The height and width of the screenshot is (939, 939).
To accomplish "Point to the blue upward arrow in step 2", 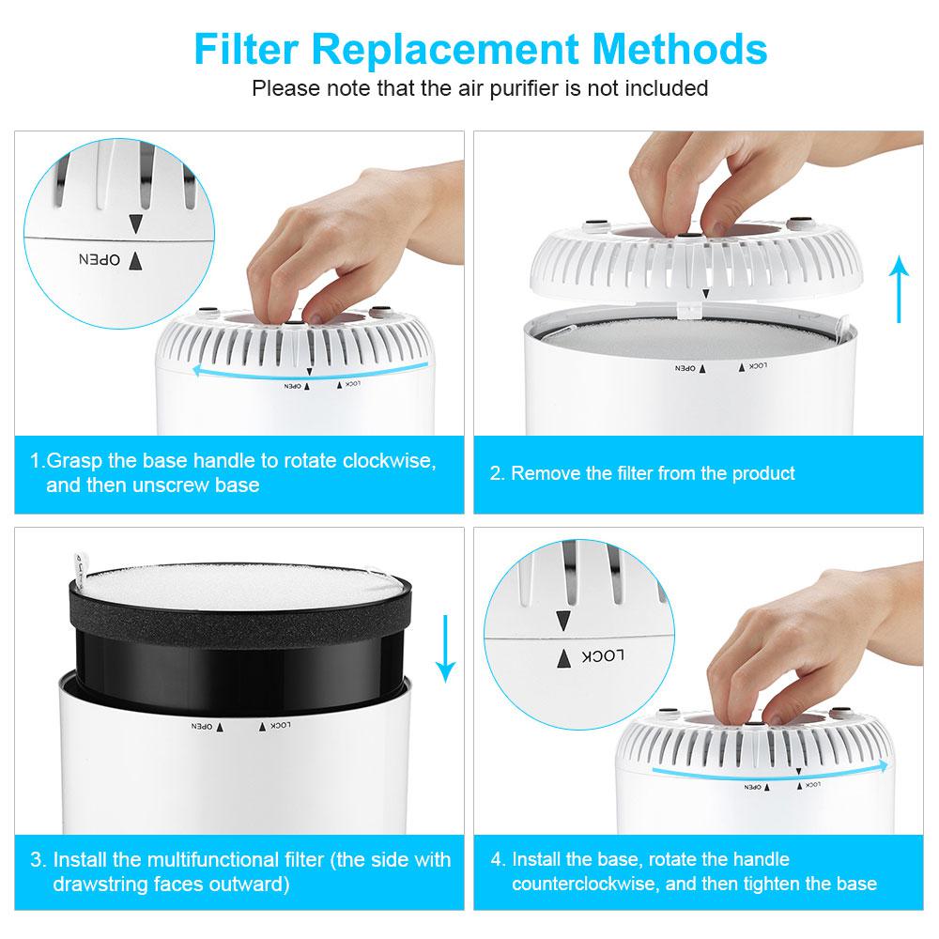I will [x=901, y=291].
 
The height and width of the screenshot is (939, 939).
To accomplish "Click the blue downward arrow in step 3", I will [x=446, y=648].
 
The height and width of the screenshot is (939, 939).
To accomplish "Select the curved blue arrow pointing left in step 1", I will [x=310, y=369].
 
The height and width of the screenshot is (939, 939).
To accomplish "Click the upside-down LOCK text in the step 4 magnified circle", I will [x=606, y=656].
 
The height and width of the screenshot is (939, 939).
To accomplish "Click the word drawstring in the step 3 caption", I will [x=98, y=885].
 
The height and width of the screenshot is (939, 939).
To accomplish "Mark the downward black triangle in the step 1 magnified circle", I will [x=135, y=223].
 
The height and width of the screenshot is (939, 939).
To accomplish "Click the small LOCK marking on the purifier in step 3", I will [x=281, y=725].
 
